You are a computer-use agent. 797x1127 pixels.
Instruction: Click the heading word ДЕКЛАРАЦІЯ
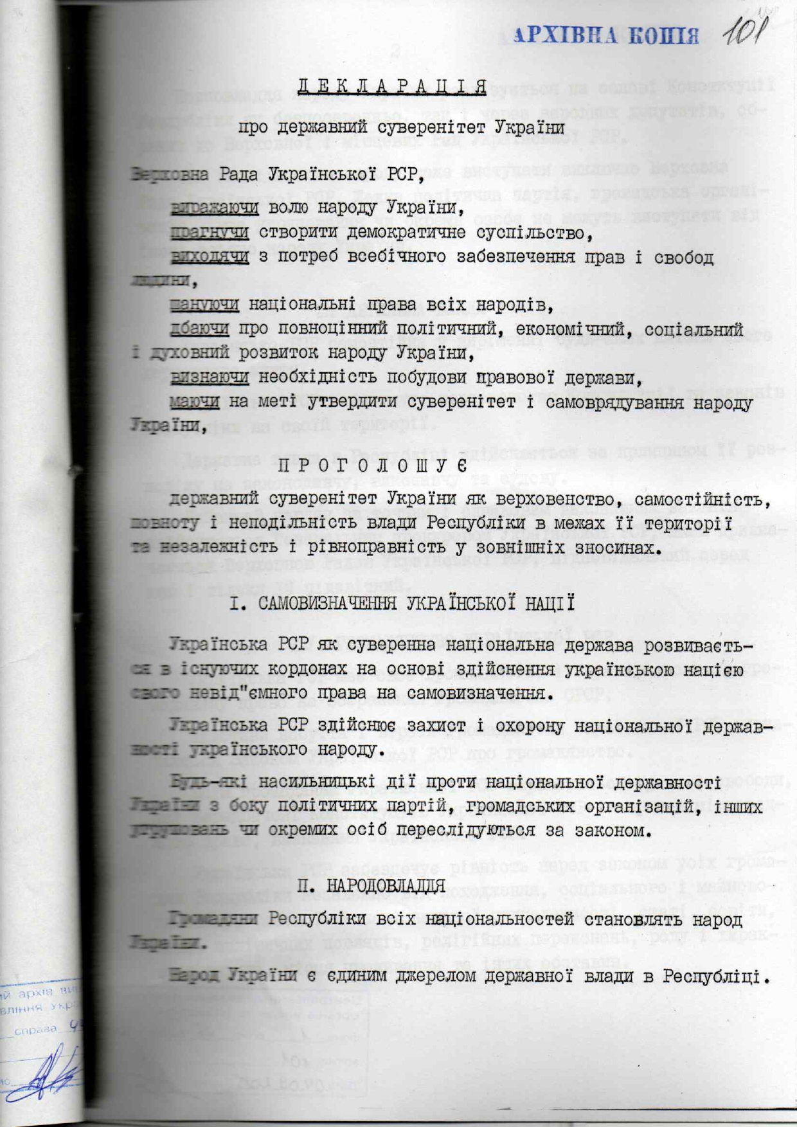tap(391, 86)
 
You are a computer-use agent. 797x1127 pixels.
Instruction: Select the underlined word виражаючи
tap(215, 207)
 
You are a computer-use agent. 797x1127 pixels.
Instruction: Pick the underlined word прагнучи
tap(210, 232)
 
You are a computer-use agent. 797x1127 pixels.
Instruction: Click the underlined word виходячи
tap(210, 257)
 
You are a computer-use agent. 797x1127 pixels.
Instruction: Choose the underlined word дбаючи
tap(199, 329)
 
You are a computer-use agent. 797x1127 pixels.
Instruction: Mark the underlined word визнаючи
tap(210, 377)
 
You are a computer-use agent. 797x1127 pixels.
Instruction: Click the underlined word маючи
tap(195, 402)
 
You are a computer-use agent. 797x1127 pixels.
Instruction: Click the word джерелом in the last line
tap(400, 975)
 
